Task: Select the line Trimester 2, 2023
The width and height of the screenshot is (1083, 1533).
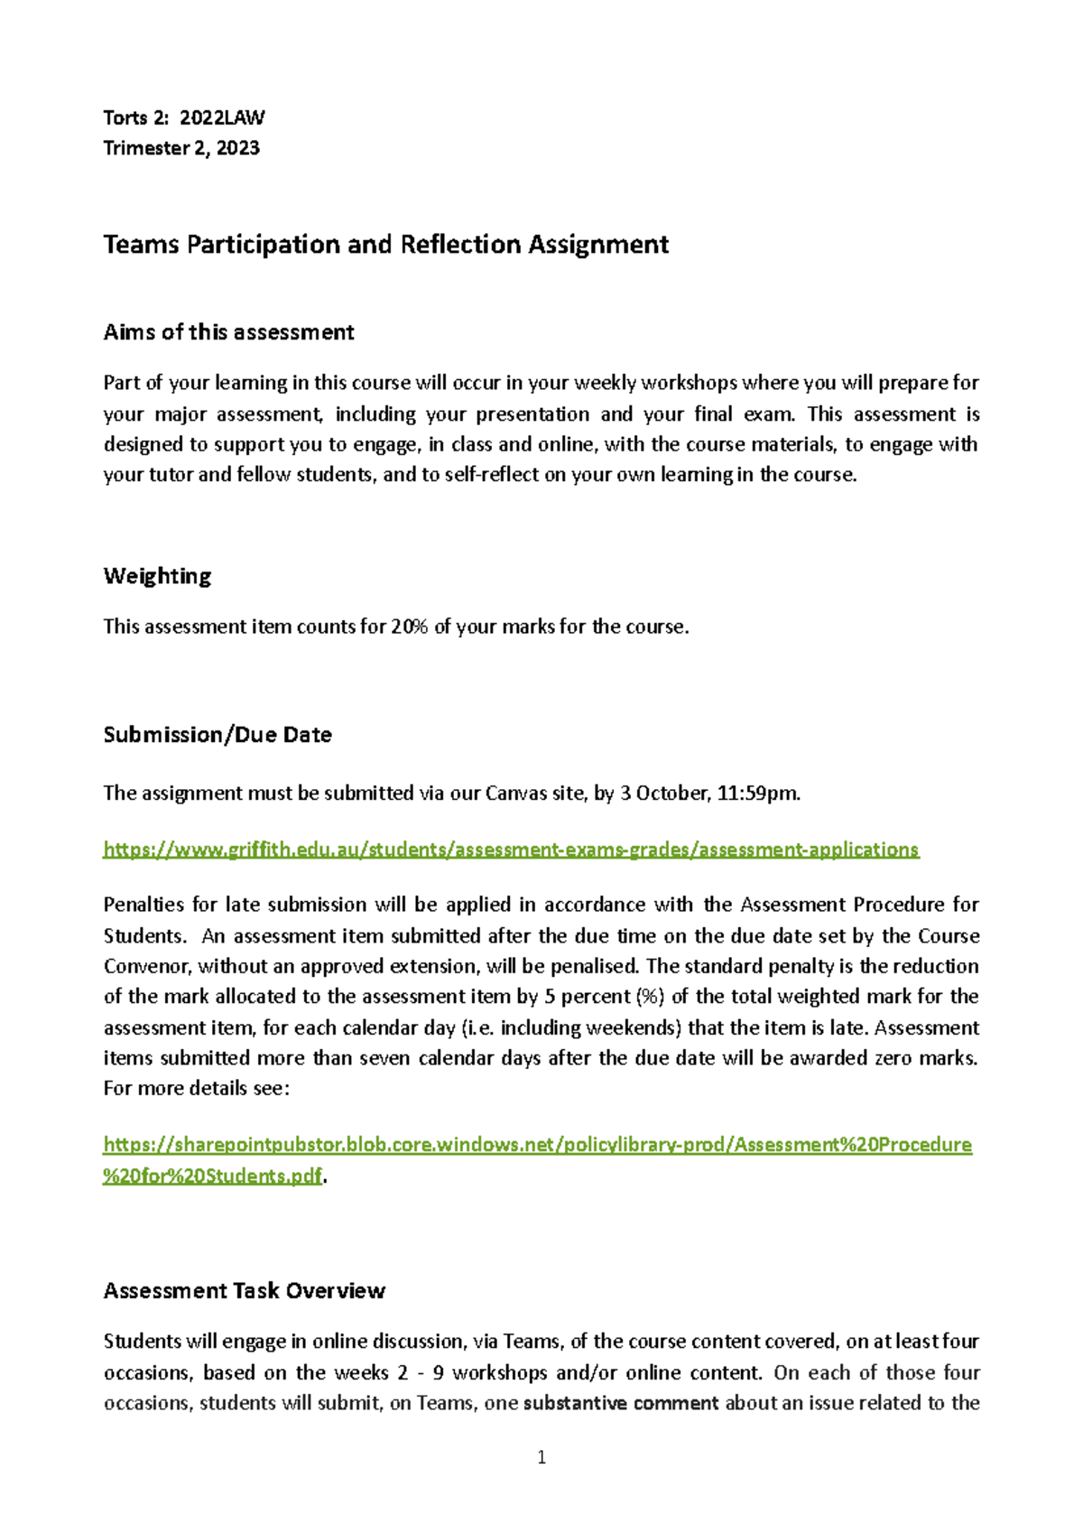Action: [181, 148]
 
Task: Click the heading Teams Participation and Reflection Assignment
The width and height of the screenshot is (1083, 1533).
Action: [385, 245]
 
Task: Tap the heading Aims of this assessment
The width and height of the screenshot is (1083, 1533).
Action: [228, 332]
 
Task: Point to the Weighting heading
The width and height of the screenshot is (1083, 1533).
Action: [157, 576]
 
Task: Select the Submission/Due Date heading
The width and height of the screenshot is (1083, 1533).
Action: [218, 735]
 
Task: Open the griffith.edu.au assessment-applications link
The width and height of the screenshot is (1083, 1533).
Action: [511, 850]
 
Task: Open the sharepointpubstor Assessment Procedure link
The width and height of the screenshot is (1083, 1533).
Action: [537, 1145]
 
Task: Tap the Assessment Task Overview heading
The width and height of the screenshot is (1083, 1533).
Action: [245, 1291]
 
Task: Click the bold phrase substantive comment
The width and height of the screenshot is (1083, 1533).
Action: [621, 1403]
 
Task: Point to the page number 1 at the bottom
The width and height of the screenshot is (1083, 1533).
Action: [541, 1457]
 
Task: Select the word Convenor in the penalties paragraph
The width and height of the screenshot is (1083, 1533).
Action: [146, 966]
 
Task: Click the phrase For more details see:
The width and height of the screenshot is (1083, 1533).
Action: [197, 1089]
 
